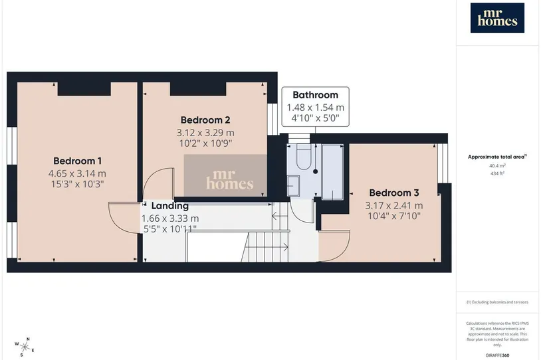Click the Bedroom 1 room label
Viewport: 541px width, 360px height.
click(77, 161)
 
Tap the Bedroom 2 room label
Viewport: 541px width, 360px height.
click(205, 120)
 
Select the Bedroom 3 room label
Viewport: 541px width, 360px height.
click(394, 193)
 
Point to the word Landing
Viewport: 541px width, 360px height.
click(170, 206)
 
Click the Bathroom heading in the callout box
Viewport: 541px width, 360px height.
click(315, 95)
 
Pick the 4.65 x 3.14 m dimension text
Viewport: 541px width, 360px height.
click(77, 173)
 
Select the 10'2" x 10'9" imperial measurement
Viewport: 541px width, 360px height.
click(205, 143)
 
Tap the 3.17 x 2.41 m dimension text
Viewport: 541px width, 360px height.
click(394, 205)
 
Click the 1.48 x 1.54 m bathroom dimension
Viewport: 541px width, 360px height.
click(315, 108)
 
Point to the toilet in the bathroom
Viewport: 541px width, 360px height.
click(303, 157)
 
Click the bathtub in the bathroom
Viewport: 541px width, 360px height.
click(332, 172)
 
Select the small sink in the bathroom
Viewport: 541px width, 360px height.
click(293, 186)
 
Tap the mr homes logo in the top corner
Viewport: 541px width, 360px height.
click(497, 18)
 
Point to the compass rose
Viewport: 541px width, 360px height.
click(25, 347)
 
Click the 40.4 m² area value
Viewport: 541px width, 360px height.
click(497, 165)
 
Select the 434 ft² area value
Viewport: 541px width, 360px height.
click(497, 173)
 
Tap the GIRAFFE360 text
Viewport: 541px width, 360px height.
click(497, 355)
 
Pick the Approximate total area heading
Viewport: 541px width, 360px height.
click(497, 157)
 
